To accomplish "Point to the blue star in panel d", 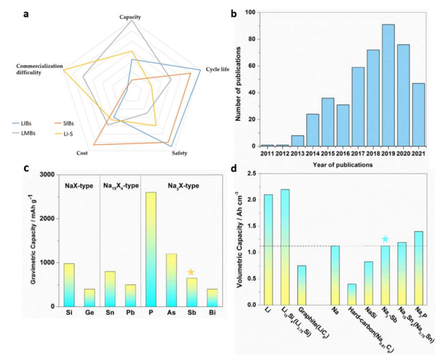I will [385, 239].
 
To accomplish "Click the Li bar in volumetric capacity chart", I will [268, 249].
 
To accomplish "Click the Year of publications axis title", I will [339, 165].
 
